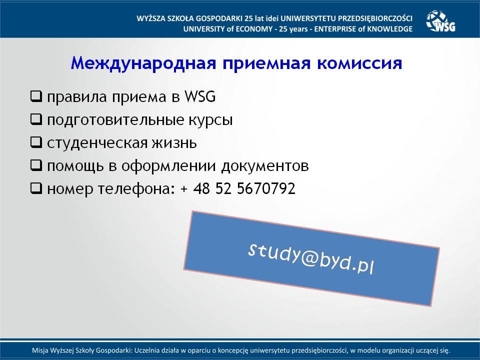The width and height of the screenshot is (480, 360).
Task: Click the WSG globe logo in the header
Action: point(440,21)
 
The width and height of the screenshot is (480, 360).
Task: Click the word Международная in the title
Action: point(143,63)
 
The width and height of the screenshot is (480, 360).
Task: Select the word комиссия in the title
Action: point(359,63)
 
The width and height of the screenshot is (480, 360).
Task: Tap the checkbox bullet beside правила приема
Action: point(36,96)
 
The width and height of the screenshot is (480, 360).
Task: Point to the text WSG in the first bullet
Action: point(200,96)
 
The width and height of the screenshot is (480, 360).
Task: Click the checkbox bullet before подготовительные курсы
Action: point(36,119)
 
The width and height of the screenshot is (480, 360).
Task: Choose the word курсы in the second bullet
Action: point(210,120)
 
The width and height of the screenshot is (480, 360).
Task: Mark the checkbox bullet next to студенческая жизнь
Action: point(36,142)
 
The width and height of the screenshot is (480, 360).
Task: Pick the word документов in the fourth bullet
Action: point(265,166)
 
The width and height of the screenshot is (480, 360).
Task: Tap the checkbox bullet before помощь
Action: point(36,165)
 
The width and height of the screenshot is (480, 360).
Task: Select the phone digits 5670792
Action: point(266,188)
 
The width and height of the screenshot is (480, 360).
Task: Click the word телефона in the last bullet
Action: point(136,189)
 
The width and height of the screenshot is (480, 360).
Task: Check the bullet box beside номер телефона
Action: point(36,188)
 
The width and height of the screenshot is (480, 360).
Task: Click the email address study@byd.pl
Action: point(311,258)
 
